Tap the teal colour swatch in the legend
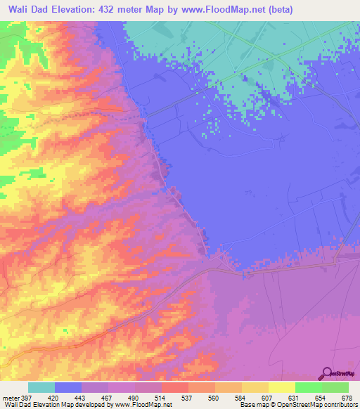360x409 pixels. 41,387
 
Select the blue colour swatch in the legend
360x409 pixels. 68,387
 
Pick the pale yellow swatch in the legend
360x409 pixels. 281,387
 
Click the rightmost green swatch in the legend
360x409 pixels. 335,387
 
